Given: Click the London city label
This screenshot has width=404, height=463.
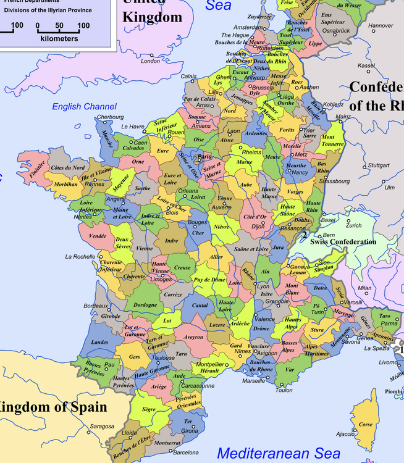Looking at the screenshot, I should pyautogui.click(x=150, y=61).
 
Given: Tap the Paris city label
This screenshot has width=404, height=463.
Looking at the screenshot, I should pyautogui.click(x=204, y=157).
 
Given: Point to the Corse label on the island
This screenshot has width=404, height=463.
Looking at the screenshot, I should pyautogui.click(x=366, y=425).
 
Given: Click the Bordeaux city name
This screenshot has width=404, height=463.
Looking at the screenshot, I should pyautogui.click(x=96, y=306).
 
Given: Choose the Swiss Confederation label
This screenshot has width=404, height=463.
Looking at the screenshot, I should pyautogui.click(x=343, y=242).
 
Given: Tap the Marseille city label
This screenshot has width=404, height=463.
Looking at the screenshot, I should pyautogui.click(x=253, y=381).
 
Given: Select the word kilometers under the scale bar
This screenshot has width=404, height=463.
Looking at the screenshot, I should pyautogui.click(x=59, y=38).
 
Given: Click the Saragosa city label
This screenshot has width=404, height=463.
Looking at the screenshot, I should pyautogui.click(x=102, y=427).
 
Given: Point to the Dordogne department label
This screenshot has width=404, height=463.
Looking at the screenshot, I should pyautogui.click(x=145, y=304).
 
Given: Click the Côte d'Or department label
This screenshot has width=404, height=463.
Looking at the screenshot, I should pyautogui.click(x=255, y=217).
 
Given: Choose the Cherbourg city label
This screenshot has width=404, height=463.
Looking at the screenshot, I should pyautogui.click(x=110, y=117).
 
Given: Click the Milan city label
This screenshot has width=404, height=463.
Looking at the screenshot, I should pyautogui.click(x=364, y=288).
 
